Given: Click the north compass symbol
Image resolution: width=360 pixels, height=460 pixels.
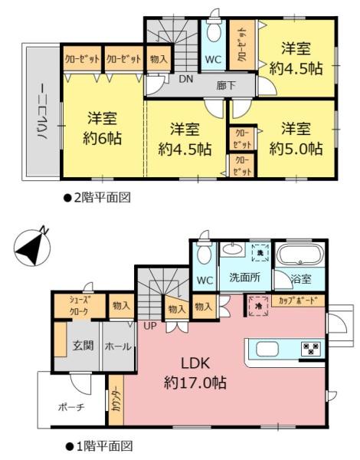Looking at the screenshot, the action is [31, 247].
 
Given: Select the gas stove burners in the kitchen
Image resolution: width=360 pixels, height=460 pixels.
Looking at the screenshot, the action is [310, 349].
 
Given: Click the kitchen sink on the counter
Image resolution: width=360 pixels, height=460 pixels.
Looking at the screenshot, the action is [267, 349].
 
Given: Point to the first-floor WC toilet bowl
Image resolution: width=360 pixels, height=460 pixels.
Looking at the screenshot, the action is [204, 255].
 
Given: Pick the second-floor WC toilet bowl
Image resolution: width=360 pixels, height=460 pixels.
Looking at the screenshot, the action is [213, 32].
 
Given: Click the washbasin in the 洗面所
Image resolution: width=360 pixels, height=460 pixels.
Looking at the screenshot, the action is [233, 250].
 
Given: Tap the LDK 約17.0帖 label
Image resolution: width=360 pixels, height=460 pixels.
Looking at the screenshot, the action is [195, 373].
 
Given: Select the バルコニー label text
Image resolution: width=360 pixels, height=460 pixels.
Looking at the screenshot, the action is [42, 111].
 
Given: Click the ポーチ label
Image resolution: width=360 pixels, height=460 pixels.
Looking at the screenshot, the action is [71, 407].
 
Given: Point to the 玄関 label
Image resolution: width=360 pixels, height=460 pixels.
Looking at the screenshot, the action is [83, 346].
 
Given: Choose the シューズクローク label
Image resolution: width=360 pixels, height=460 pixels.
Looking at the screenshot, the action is [79, 306].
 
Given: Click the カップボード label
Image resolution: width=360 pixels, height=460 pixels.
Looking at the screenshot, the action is [298, 301].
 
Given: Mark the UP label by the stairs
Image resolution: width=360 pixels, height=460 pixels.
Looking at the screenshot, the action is [150, 326].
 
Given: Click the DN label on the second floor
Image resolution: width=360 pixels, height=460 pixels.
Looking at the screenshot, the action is [186, 79].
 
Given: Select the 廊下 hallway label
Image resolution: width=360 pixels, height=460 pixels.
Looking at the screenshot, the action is [226, 85].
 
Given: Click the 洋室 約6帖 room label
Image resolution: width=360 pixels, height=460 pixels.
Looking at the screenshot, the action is [102, 128].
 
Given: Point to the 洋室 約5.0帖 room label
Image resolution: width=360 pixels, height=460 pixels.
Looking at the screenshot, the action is [296, 138].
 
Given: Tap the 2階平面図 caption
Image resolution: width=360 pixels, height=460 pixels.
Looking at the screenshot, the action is [97, 198].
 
